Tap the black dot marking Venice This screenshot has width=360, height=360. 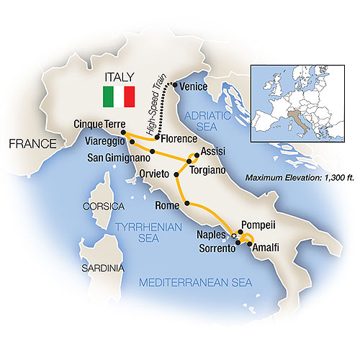(x=176, y=85)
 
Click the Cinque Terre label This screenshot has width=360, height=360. (x=96, y=124)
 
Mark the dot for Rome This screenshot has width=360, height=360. (x=188, y=204)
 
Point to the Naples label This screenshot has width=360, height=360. (x=212, y=235)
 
